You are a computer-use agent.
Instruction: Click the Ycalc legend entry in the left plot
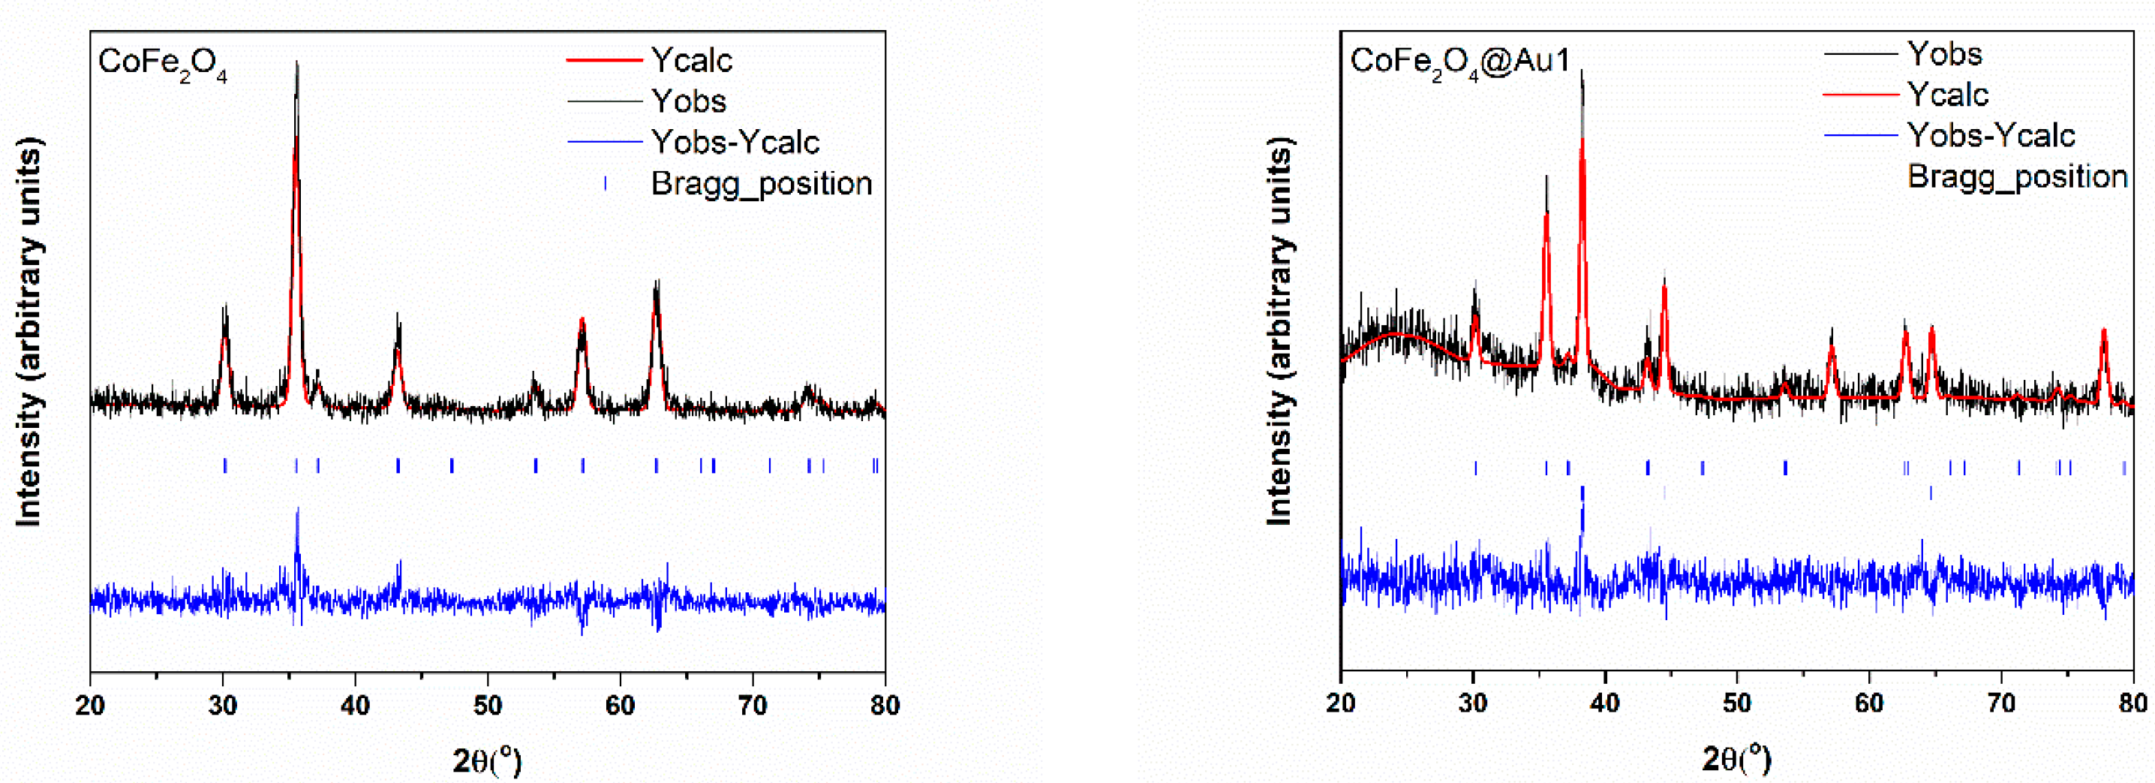coord(691,60)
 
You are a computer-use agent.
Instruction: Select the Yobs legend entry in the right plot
coord(1944,54)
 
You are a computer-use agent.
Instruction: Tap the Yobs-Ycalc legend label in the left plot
coord(735,142)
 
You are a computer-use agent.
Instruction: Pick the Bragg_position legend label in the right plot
coord(2017,176)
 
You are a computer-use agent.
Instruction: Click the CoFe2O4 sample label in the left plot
coord(162,65)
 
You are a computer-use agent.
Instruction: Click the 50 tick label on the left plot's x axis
coord(488,705)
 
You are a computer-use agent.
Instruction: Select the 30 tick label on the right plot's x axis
coord(1472,703)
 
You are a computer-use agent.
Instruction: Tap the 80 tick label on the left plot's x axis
coord(884,705)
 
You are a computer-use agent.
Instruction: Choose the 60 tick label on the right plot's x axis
coord(1869,703)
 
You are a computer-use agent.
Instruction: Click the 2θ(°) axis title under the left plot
coord(487,760)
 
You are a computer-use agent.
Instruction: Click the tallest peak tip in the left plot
coord(297,64)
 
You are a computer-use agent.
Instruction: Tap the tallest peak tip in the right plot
coord(1582,73)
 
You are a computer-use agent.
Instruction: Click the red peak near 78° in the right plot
coord(2103,332)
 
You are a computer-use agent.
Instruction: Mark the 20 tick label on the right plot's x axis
coord(1341,703)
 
